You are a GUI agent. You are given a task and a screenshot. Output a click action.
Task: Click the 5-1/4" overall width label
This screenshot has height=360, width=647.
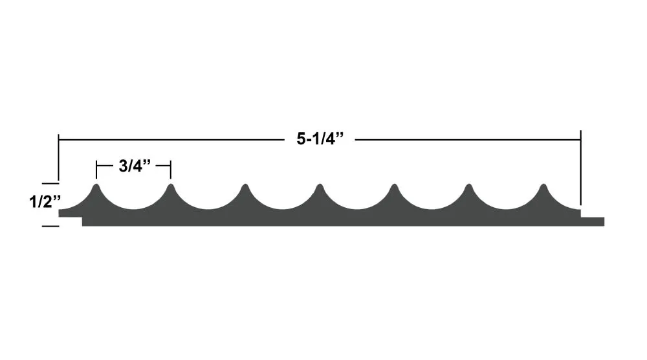[x=320, y=139]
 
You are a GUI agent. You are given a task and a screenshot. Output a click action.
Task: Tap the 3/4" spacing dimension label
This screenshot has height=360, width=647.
[x=135, y=166]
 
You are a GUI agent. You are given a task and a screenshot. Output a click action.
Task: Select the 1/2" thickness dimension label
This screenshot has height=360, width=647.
[x=45, y=202]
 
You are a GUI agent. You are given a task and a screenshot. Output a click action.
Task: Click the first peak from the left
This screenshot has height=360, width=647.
[x=96, y=186]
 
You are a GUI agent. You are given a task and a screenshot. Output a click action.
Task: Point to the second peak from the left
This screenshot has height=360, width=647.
[x=171, y=186]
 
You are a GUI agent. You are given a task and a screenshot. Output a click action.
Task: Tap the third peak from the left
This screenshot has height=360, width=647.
[x=245, y=186]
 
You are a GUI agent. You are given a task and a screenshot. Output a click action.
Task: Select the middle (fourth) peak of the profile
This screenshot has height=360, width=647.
[x=320, y=186]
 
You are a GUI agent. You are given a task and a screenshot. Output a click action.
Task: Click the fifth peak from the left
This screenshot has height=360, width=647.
[x=395, y=186]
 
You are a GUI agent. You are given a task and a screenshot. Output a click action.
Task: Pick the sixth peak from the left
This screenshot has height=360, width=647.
[x=468, y=186]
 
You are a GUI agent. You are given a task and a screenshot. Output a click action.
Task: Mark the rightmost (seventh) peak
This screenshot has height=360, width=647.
[x=543, y=186]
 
